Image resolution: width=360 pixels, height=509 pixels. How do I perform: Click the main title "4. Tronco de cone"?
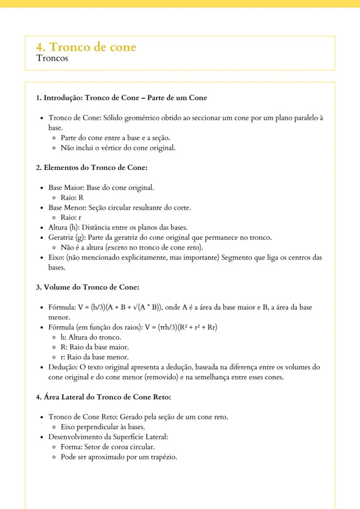pos(86,47)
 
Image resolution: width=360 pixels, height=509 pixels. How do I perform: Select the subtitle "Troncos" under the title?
pos(52,58)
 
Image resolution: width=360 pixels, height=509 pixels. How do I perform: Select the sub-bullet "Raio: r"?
pos(71,217)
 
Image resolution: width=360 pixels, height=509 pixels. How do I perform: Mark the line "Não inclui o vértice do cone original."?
pos(118,148)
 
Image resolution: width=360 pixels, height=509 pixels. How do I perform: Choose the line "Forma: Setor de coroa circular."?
pos(107,447)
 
